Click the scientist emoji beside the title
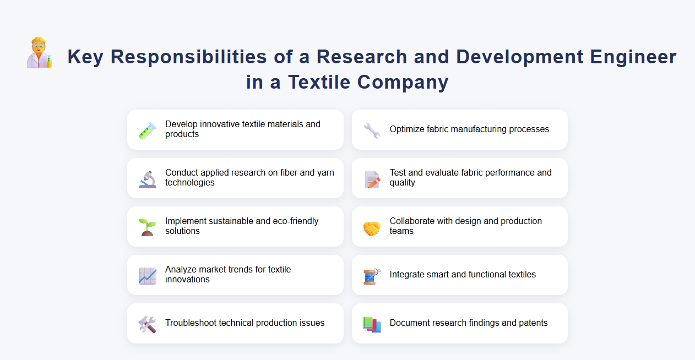(x=40, y=53)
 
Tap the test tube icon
(x=148, y=130)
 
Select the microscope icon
(x=148, y=178)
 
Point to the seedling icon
(x=148, y=227)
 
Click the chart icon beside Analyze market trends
(x=148, y=275)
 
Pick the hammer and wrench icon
(x=148, y=324)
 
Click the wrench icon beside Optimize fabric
(x=372, y=130)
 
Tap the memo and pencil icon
(x=372, y=178)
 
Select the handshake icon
(x=372, y=227)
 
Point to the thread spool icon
(x=372, y=275)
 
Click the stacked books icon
(x=372, y=324)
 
